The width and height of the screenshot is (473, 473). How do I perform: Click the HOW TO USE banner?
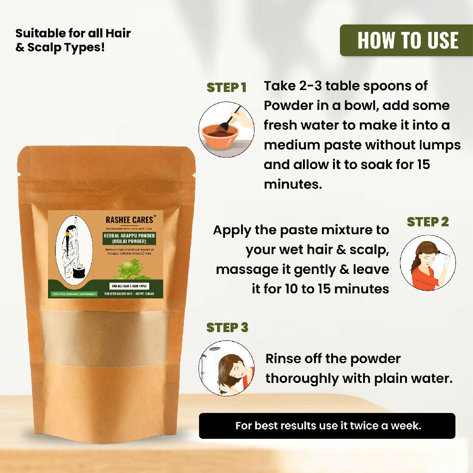point(407,40)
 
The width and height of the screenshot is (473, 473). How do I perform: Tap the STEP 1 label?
point(226,88)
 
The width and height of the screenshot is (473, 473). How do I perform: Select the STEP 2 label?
point(428,222)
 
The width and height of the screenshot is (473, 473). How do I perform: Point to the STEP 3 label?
point(227,327)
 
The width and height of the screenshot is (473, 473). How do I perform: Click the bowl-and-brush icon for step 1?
point(226,129)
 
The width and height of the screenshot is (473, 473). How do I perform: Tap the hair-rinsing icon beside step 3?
point(226,368)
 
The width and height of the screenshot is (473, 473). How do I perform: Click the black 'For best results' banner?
point(327,425)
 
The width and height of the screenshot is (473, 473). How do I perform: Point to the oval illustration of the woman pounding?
point(74,250)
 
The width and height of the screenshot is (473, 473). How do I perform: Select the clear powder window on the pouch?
point(105,338)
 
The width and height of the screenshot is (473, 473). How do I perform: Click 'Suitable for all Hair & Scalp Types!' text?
point(73,40)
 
